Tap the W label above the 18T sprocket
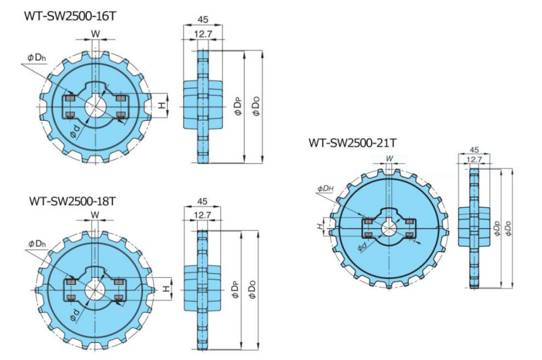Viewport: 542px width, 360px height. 95,215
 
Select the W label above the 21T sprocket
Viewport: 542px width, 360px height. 389,158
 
